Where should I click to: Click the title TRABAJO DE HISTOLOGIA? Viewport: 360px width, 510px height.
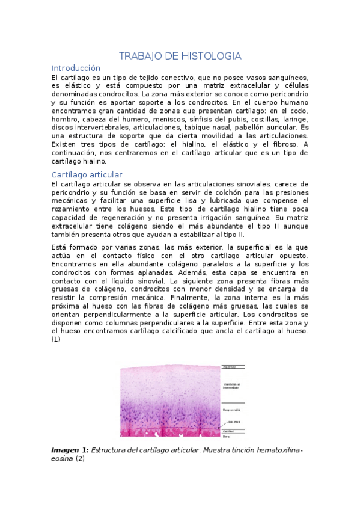tap(180, 56)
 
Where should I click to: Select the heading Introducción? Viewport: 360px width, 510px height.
tap(76, 68)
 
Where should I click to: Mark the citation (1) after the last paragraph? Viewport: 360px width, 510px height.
tap(56, 339)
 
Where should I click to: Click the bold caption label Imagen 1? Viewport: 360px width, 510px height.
tap(70, 450)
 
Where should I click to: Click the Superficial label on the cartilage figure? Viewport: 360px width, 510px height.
tap(229, 367)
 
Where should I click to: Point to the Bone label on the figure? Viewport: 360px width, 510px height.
tap(225, 437)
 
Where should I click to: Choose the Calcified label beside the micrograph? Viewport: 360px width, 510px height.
tap(228, 431)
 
